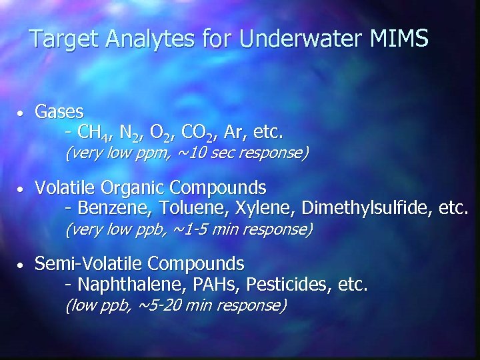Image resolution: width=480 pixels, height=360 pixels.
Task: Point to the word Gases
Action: click(x=59, y=111)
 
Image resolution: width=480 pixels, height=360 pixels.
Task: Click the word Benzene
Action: click(x=115, y=209)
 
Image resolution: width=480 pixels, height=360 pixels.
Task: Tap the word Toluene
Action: click(x=189, y=209)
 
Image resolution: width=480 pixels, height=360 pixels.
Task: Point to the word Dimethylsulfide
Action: click(x=366, y=209)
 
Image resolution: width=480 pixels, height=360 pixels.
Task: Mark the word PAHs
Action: click(x=210, y=285)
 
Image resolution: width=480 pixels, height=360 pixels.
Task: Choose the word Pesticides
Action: click(x=288, y=285)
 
